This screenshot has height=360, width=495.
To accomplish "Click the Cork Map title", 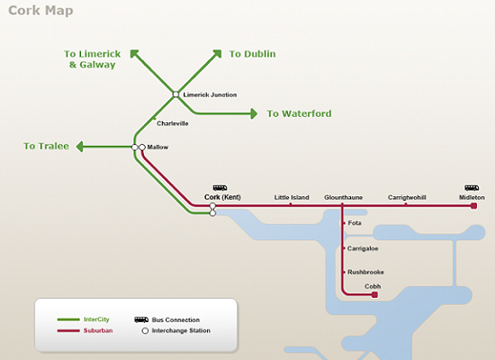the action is [x=40, y=11].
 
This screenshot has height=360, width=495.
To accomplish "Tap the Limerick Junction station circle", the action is [x=175, y=94].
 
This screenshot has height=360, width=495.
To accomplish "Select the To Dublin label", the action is [x=252, y=54].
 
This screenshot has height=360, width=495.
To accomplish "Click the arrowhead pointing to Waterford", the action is [x=254, y=113].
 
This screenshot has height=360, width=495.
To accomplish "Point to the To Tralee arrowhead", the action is [x=80, y=147].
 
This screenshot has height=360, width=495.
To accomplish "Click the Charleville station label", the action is [x=173, y=123].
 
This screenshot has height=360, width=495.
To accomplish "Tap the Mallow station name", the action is [x=157, y=148].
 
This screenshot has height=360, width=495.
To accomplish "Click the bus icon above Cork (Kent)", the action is [x=220, y=188].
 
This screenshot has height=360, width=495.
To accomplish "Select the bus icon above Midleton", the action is [x=472, y=188].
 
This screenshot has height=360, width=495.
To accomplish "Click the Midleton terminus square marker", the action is [x=473, y=206].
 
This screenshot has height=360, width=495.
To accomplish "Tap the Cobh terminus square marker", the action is [x=374, y=294].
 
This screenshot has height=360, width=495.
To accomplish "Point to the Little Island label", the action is [x=292, y=197].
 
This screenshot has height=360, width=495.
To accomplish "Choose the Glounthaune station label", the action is [x=343, y=197].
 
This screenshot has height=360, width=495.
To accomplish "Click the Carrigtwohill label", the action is [x=407, y=197].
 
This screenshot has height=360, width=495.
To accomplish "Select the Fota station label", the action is [x=355, y=223].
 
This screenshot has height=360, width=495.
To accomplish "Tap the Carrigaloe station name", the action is [x=363, y=248].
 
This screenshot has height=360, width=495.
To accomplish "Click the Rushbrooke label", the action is [x=365, y=272].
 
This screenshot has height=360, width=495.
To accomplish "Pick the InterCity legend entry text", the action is [x=96, y=319].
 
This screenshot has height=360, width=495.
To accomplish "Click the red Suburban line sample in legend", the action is [x=68, y=330].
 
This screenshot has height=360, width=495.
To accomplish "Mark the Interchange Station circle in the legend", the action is [x=145, y=330].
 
